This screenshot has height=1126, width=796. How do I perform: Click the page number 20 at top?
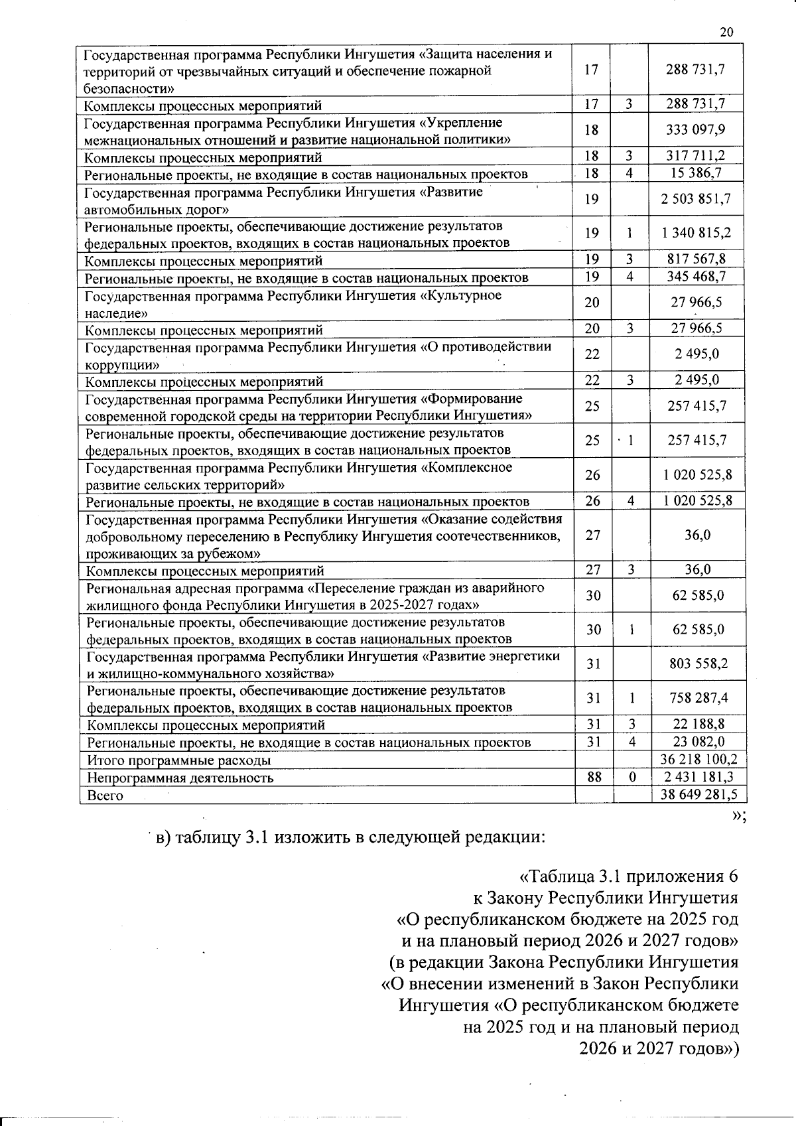point(726,33)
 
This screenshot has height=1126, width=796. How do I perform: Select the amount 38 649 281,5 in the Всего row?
point(696,794)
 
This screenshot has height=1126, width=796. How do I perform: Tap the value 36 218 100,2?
point(696,760)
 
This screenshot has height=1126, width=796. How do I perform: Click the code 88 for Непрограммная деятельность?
point(593,777)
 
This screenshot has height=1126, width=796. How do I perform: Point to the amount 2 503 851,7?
point(696,200)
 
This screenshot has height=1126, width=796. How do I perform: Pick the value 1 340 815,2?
point(696,234)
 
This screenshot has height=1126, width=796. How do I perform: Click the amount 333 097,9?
point(696,130)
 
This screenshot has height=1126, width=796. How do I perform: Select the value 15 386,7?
point(696,173)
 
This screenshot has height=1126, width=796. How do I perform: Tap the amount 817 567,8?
point(696,259)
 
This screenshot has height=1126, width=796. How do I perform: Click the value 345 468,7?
point(696,277)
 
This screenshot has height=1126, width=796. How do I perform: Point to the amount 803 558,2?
point(696,664)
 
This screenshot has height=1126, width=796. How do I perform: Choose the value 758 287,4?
point(696,698)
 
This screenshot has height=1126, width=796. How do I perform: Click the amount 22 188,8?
point(696,724)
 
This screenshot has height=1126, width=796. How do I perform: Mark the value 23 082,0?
point(696,742)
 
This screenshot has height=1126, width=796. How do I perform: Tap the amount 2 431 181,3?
point(696,777)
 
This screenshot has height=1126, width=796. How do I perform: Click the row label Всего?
point(105,795)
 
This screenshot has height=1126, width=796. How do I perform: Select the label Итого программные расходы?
point(179,760)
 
